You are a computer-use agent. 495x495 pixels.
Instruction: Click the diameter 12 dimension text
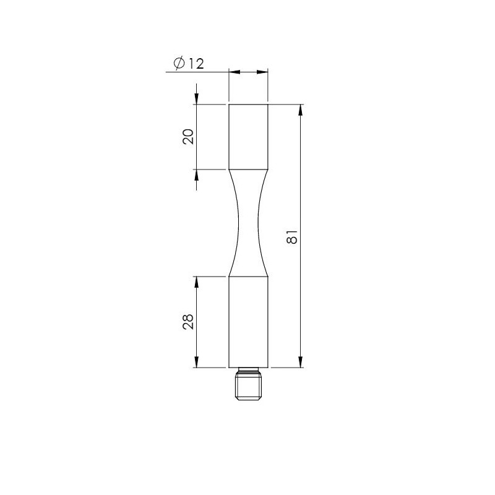[x=189, y=64]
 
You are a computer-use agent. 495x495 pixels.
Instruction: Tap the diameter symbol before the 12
[x=179, y=64]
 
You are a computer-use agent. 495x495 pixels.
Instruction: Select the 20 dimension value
[x=188, y=137]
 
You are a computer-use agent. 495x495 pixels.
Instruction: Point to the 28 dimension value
[x=188, y=322]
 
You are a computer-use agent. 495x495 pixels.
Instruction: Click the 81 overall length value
[x=292, y=236]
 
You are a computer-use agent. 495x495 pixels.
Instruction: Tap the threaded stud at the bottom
[x=248, y=384]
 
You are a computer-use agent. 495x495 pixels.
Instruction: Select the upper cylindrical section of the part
[x=248, y=137]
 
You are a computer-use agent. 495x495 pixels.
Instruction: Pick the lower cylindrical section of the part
[x=248, y=322]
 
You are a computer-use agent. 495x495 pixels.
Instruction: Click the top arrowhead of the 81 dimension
[x=301, y=110]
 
